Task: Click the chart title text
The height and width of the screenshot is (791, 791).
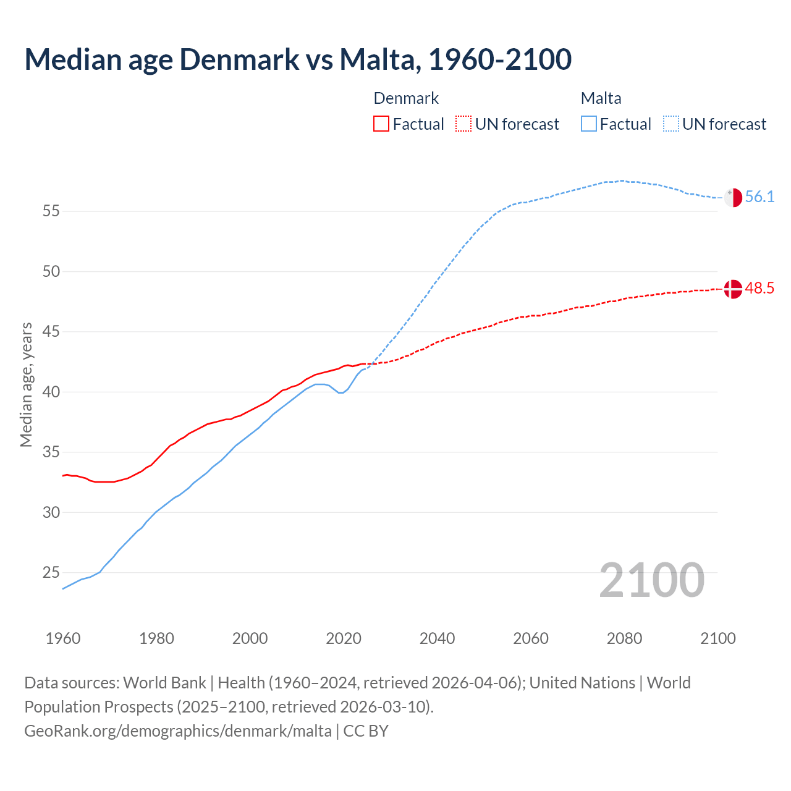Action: tap(298, 59)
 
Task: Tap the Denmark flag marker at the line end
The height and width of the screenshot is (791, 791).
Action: tap(733, 289)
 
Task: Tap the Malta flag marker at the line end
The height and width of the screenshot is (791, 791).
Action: tap(733, 198)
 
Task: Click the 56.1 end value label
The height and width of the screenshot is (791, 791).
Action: tap(759, 197)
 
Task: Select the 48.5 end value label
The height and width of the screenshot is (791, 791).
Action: tap(759, 289)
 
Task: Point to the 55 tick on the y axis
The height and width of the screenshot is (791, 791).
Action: tap(51, 211)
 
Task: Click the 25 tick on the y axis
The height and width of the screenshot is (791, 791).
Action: tap(51, 573)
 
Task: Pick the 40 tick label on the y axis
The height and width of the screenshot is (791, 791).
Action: tap(51, 392)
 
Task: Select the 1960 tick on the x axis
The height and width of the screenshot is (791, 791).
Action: tap(63, 638)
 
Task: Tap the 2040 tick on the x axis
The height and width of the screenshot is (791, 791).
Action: tap(437, 638)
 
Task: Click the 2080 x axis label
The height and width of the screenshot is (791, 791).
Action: tap(624, 638)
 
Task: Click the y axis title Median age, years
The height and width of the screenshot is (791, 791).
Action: tap(27, 384)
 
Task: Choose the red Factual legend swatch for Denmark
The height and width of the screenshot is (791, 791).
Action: tap(381, 124)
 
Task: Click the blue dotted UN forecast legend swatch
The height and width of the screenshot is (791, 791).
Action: tap(671, 124)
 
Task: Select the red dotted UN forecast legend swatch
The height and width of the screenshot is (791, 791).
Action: tap(463, 124)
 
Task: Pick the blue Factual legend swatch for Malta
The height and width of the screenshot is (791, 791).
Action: tap(589, 124)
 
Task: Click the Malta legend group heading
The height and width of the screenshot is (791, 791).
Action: tap(601, 98)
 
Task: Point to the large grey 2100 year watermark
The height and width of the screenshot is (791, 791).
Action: tap(651, 580)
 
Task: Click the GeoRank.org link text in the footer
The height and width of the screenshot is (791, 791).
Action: tap(178, 731)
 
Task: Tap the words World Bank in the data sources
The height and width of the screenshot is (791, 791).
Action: tap(164, 683)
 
